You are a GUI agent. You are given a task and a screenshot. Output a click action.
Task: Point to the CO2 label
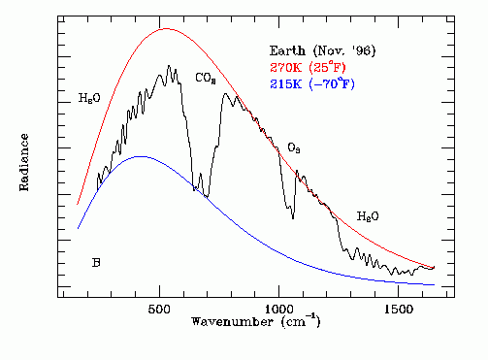(206, 77)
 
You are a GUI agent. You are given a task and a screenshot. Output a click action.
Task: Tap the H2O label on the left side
(89, 98)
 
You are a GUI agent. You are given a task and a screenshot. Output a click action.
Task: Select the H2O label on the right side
(368, 215)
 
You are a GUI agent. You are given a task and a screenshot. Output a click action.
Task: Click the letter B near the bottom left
(96, 262)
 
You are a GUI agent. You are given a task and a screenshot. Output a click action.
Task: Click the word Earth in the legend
(288, 49)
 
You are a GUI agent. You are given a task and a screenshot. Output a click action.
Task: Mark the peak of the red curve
(166, 28)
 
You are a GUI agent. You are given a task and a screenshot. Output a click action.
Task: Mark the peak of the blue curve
(142, 156)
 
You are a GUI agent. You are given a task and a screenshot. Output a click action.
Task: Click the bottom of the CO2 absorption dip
(205, 196)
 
